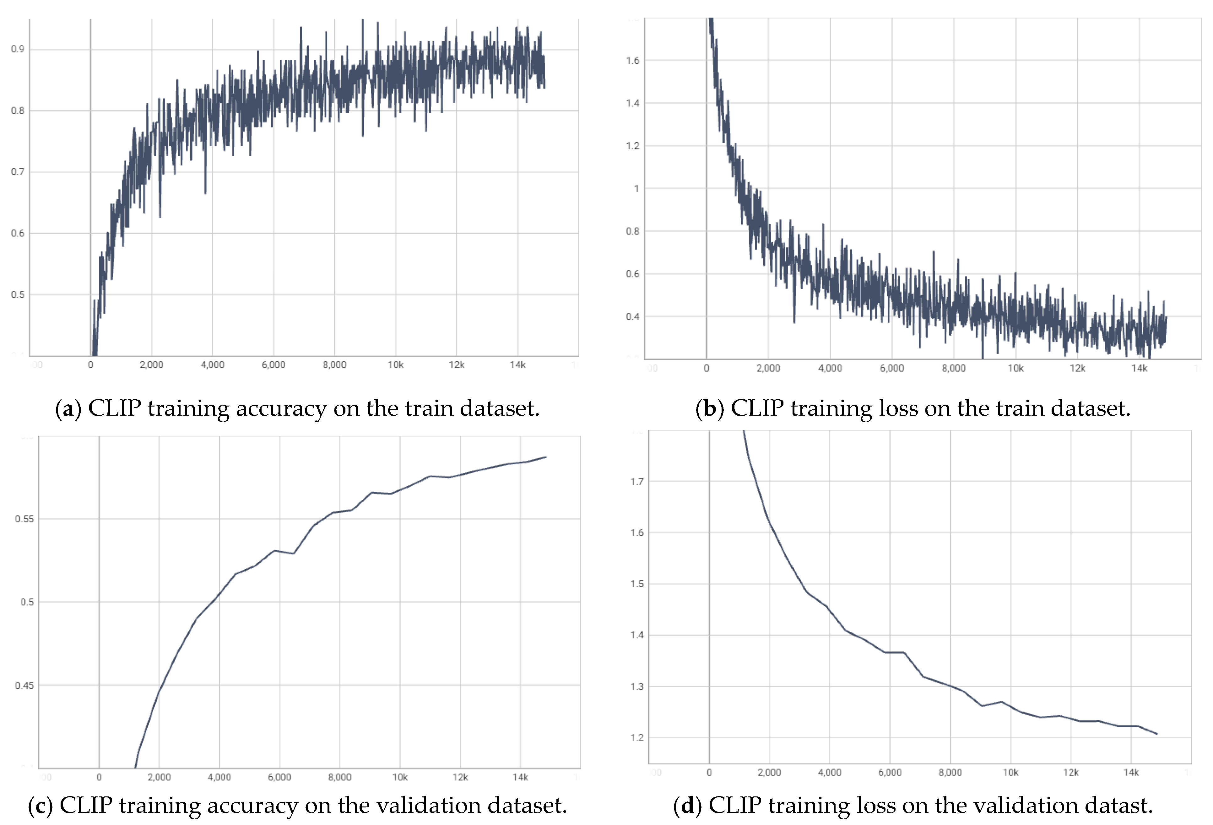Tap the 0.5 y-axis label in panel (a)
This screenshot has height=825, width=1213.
pos(17,295)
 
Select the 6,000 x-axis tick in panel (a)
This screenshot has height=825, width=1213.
pos(273,365)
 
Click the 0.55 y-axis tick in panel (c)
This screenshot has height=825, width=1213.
pos(24,519)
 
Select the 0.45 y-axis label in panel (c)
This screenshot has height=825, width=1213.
pos(24,685)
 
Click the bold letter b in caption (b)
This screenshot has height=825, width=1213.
pos(710,409)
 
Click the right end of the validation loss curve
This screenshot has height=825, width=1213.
pos(1157,734)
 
